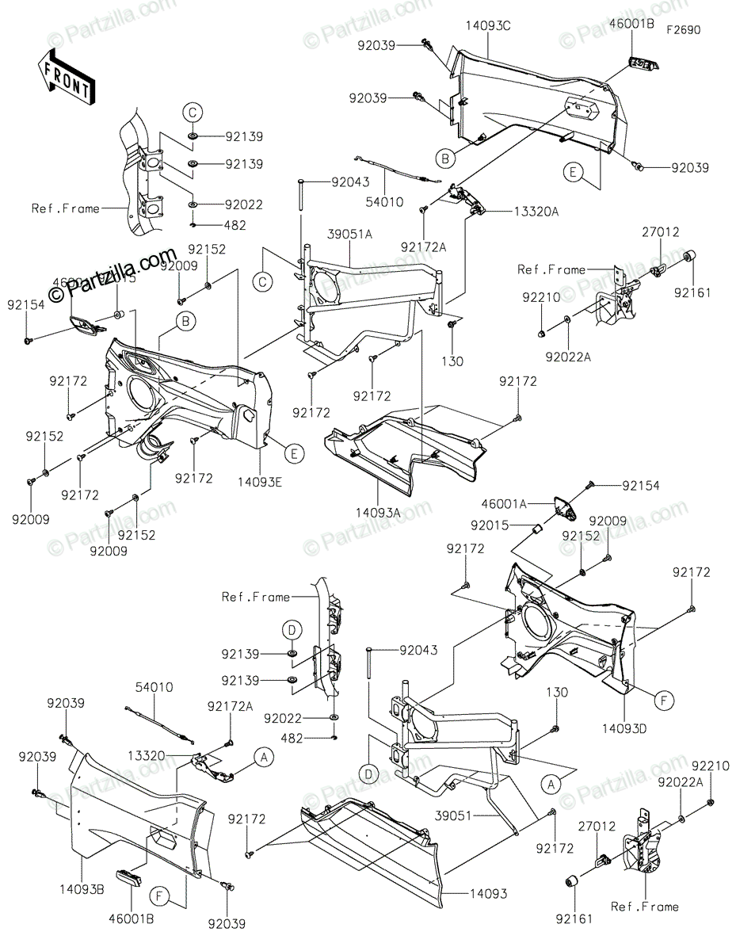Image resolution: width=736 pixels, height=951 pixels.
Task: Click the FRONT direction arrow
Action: pyautogui.click(x=67, y=77)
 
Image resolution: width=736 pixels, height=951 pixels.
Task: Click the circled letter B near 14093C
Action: pyautogui.click(x=447, y=159)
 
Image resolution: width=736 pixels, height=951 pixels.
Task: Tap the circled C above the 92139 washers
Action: pyautogui.click(x=193, y=113)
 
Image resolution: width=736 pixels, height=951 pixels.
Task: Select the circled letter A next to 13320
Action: pyautogui.click(x=264, y=758)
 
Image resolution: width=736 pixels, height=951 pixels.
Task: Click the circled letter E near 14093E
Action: pyautogui.click(x=293, y=453)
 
